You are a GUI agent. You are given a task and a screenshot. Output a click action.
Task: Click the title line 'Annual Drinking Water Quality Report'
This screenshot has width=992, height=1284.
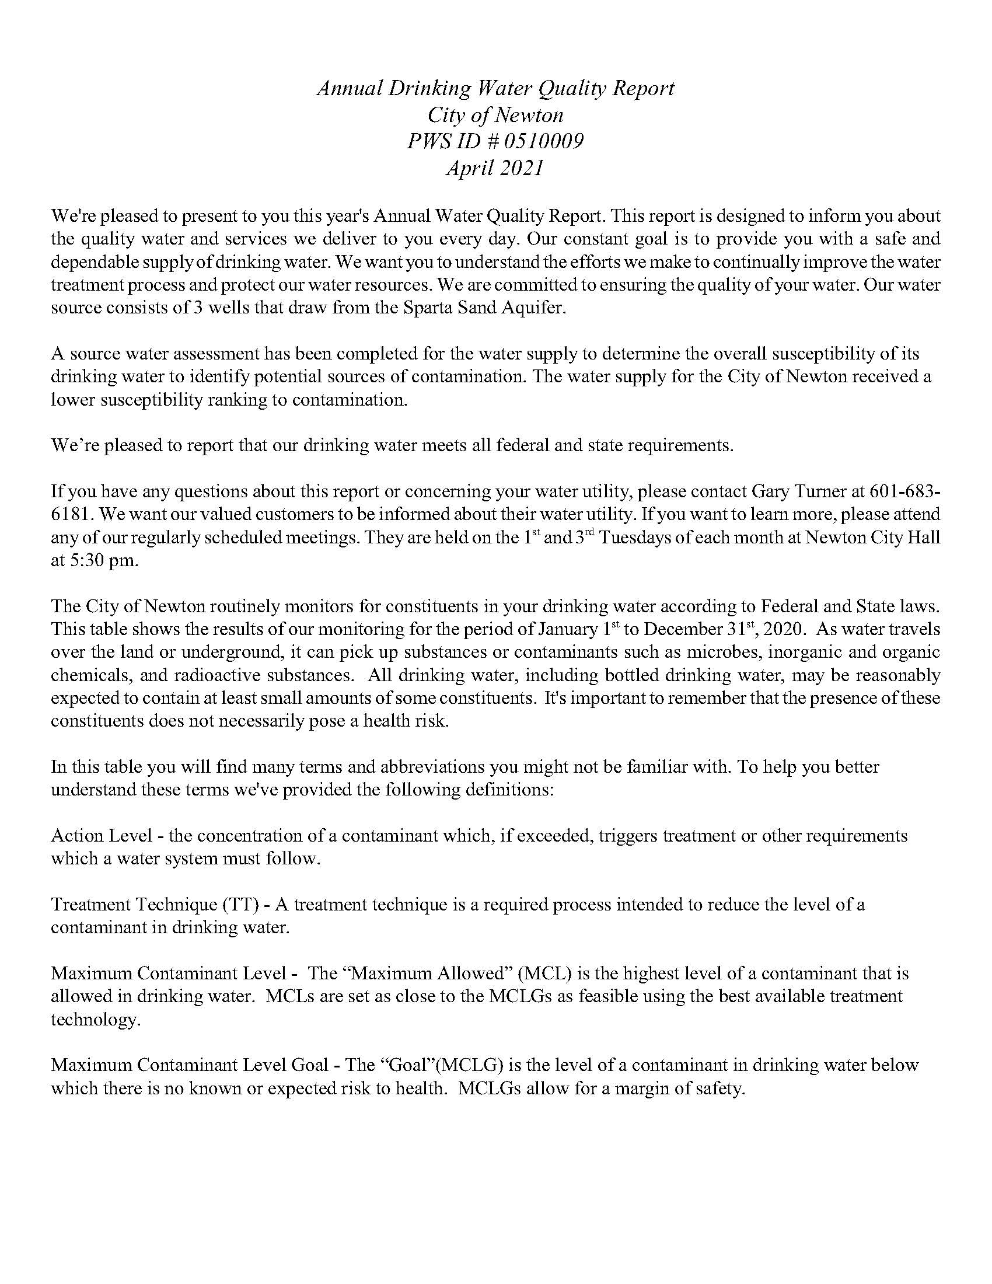pyautogui.click(x=495, y=89)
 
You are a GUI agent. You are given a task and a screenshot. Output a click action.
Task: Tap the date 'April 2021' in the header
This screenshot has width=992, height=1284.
pyautogui.click(x=495, y=169)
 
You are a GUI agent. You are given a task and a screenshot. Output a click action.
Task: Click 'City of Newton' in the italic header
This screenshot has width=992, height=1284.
pyautogui.click(x=495, y=115)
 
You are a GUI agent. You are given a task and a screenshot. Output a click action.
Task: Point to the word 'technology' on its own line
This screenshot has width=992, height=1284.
pyautogui.click(x=94, y=1020)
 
